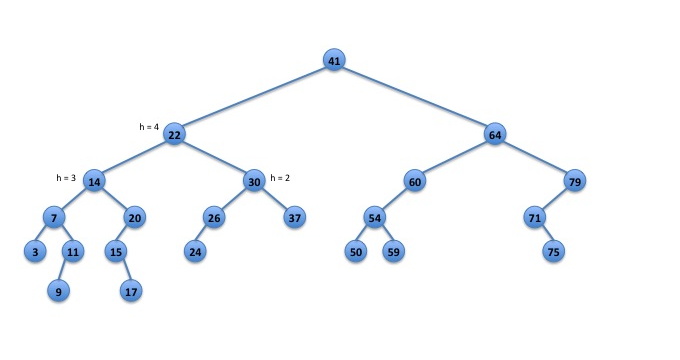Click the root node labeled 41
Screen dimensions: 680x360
pos(334,60)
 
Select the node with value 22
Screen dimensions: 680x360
pos(174,134)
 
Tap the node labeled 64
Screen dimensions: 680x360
pos(495,134)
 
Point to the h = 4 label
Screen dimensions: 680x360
pos(149,127)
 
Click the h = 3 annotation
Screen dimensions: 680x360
pos(66,178)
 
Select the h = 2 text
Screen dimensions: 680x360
pos(280,178)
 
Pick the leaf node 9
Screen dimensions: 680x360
pos(59,291)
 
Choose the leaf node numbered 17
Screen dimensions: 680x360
pos(131,291)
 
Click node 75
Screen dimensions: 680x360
pos(554,251)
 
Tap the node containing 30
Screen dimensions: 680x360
pos(254,181)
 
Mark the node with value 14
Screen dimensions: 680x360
pos(94,181)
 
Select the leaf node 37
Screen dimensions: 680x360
pos(294,217)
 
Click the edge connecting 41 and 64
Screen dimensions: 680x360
pos(414,97)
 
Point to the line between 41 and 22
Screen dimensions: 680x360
pos(254,97)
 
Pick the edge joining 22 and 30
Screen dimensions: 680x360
pos(214,158)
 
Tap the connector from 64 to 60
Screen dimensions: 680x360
pos(454,158)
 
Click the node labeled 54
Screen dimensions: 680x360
pos(375,217)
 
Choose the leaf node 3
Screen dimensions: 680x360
pos(35,251)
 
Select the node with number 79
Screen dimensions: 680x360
pos(575,181)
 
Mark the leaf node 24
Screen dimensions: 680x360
pos(195,251)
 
